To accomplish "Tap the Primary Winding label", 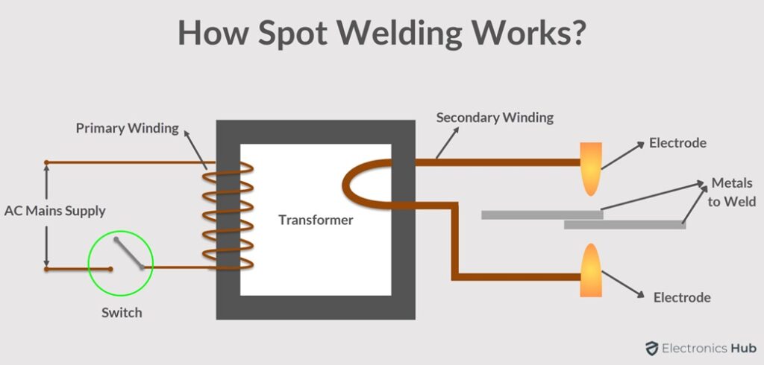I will tap(127, 128).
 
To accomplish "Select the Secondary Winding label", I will tap(495, 118).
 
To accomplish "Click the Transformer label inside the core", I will tap(316, 220).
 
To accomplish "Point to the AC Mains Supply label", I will tap(55, 211).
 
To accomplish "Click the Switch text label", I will tap(122, 313).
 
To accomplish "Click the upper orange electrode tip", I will tap(590, 168).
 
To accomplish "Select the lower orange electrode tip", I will tap(590, 271).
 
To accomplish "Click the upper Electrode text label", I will tap(677, 143).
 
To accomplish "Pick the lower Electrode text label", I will tap(682, 297).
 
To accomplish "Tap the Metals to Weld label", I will tap(732, 192).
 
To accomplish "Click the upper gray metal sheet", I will tap(542, 215).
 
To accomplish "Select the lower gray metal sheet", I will tap(624, 223).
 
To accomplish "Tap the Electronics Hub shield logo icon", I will tap(652, 348).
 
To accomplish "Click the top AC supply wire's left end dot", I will tap(46, 162).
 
